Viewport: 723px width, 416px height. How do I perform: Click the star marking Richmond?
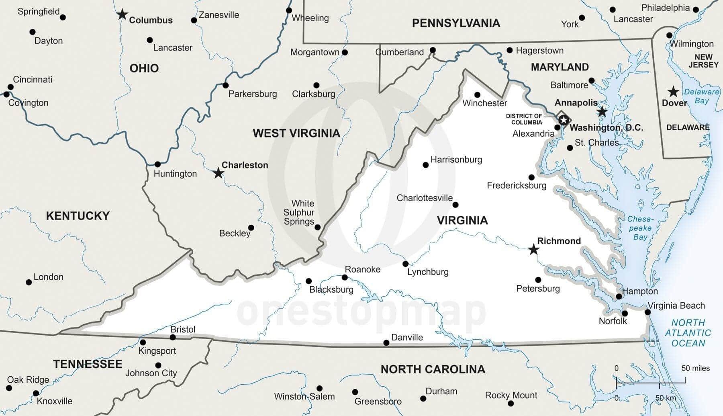(533, 250)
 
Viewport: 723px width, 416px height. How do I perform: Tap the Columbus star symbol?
(122, 15)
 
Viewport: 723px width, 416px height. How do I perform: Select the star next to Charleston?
(218, 173)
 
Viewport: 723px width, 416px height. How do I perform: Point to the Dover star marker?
(673, 92)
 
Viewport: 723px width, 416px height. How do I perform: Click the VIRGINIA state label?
(462, 220)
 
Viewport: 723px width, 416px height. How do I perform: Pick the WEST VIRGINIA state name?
(296, 133)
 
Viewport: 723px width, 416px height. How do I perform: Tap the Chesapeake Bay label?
(640, 228)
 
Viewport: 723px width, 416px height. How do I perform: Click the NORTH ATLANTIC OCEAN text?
(688, 333)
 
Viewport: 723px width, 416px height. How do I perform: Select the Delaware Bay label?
(701, 96)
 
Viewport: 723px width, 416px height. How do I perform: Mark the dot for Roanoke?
(345, 277)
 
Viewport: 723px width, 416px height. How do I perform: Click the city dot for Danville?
(386, 343)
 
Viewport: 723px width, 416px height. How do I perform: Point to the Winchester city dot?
(477, 95)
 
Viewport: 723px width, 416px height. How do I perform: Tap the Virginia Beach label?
(676, 305)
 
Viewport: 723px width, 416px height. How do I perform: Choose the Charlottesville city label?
(425, 198)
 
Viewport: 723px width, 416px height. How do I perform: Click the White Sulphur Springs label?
(298, 212)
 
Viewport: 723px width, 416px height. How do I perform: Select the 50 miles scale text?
(695, 368)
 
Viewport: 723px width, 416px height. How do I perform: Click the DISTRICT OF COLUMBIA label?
(524, 119)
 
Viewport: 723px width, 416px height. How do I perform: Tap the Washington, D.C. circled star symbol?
(564, 120)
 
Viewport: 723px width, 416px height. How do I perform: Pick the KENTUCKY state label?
(78, 216)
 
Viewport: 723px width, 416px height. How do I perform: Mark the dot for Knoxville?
(36, 393)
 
